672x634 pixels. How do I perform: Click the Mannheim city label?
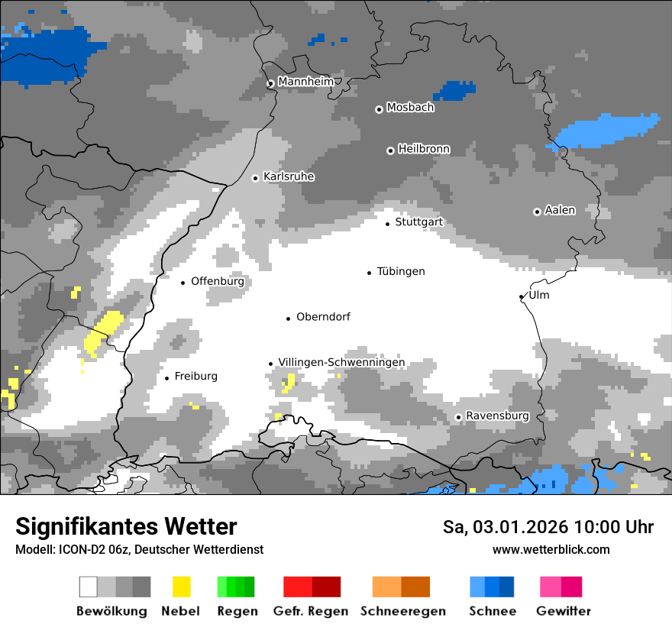306,82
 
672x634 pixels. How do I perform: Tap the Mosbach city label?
410,108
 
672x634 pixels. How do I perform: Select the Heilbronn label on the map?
424,149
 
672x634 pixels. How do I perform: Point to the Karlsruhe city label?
289,176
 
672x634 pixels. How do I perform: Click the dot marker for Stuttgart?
387,224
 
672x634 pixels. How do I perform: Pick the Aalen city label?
560,210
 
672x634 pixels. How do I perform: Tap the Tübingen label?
401,271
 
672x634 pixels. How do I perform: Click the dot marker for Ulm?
521,296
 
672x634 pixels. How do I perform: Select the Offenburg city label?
218,281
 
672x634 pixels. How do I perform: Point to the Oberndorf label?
323,316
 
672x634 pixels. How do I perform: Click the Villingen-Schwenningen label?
341,362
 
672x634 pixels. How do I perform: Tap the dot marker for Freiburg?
166,378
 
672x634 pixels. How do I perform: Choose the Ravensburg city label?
497,416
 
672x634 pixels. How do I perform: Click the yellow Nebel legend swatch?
181,587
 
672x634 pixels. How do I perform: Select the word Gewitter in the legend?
564,611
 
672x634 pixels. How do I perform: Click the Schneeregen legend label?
403,611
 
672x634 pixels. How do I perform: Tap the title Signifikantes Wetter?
126,526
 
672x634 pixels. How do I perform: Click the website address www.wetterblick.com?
551,549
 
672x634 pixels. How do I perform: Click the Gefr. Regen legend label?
311,611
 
